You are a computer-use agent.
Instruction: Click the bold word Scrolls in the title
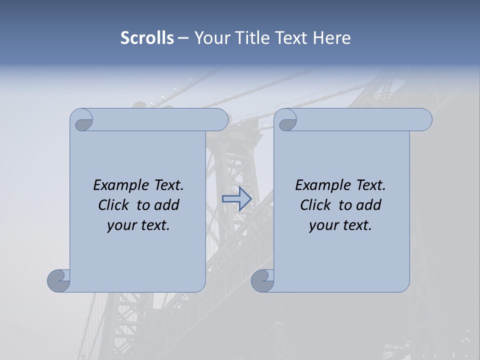point(147,38)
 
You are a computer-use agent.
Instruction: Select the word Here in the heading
point(332,38)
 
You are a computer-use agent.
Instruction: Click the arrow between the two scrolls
point(236,199)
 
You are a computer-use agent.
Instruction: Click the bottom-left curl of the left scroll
point(59,280)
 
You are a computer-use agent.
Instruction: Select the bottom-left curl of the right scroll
point(262,280)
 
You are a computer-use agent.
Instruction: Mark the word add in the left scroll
point(167,205)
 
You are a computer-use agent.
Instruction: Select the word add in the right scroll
point(369,205)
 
